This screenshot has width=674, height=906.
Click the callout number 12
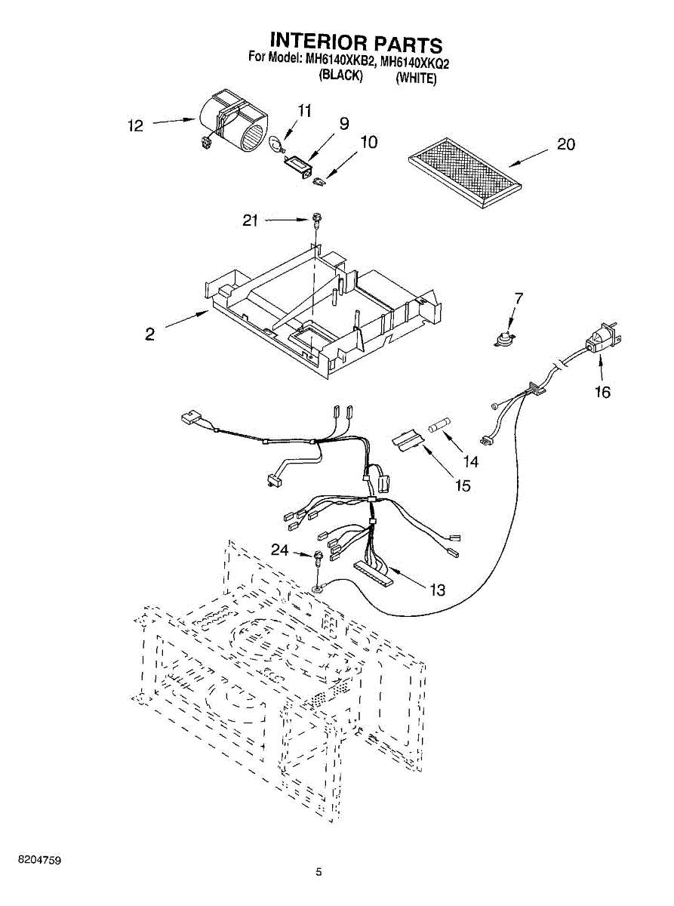136,125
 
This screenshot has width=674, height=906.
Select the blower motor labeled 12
232,122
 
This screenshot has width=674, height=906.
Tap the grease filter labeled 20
465,173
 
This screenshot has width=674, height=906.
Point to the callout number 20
566,143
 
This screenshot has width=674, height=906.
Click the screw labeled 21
315,221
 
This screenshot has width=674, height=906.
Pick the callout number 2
150,334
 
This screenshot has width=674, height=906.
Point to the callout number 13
437,590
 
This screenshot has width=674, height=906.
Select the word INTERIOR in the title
316,43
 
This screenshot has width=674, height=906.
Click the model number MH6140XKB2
340,63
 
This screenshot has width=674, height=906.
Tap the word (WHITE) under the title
416,78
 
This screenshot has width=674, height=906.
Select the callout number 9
344,123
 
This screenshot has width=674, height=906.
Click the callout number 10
369,142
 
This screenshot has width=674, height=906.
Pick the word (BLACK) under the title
340,75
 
